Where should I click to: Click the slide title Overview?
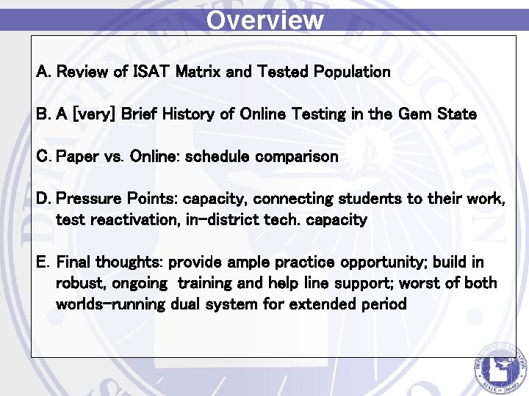pyautogui.click(x=264, y=19)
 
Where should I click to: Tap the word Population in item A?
pyautogui.click(x=352, y=72)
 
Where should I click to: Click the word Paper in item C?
pyautogui.click(x=75, y=157)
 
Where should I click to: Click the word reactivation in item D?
pyautogui.click(x=137, y=220)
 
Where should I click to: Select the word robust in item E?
pyautogui.click(x=79, y=284)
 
